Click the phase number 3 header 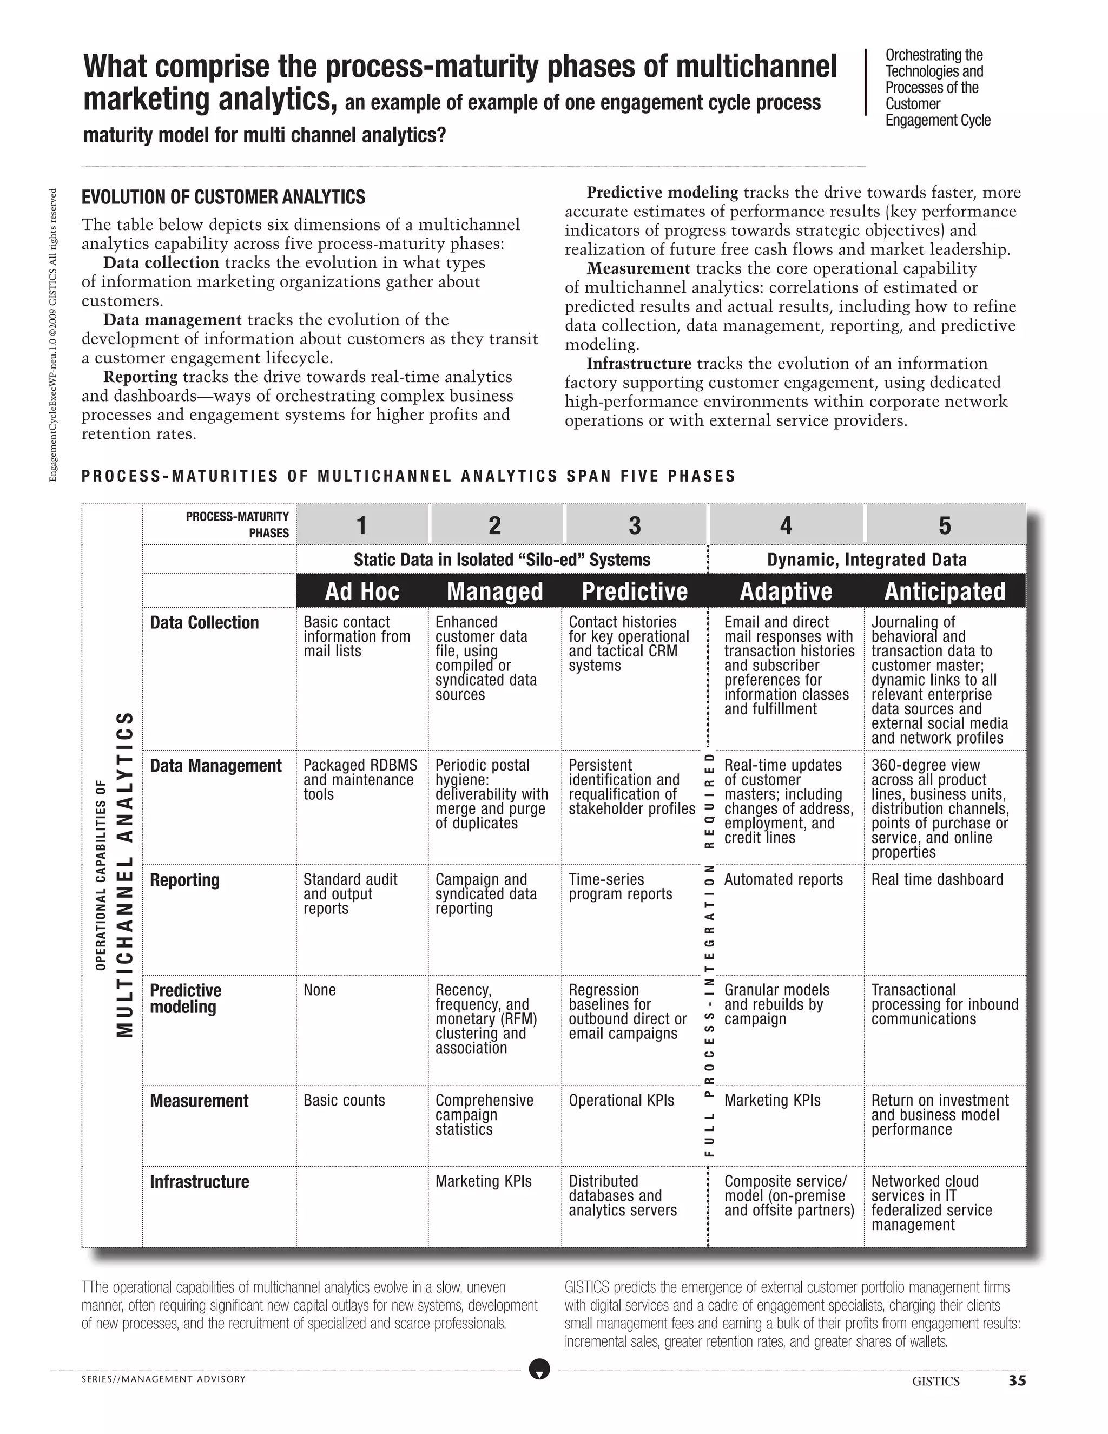coord(634,525)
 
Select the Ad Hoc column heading coord(362,591)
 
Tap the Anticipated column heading coord(944,591)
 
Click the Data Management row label coord(215,766)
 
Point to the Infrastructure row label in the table coord(200,1182)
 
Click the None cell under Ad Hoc coord(320,990)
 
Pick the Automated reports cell coord(783,880)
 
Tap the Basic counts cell coord(344,1101)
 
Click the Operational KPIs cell coord(621,1101)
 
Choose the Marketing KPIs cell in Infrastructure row coord(483,1181)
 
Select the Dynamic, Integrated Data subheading coord(867,560)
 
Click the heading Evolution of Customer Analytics coord(223,197)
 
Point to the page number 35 coord(1017,1381)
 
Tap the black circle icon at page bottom coord(539,1369)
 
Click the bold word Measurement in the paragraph coord(638,268)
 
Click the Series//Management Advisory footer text coord(163,1379)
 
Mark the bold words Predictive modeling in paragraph coord(662,193)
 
